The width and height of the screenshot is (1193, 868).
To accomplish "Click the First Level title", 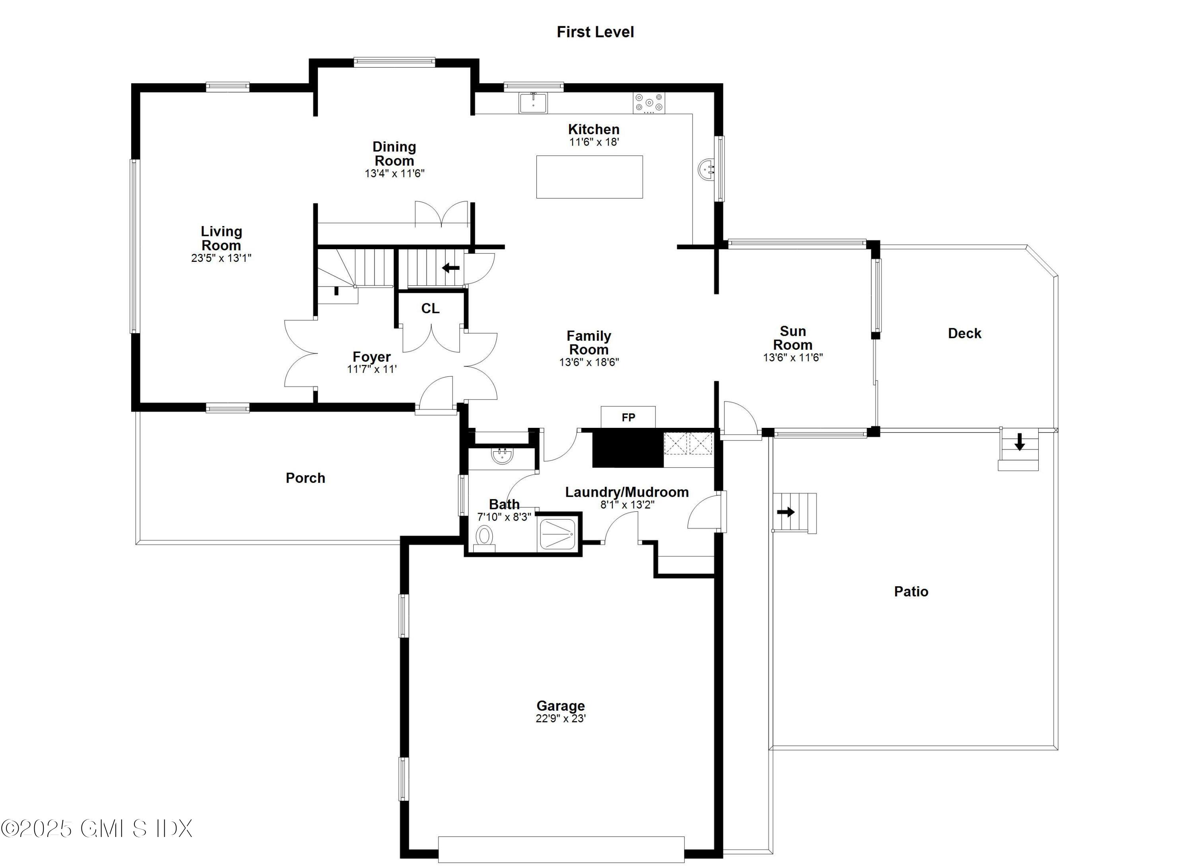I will pyautogui.click(x=595, y=32).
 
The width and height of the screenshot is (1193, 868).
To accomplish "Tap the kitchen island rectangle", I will pyautogui.click(x=589, y=177).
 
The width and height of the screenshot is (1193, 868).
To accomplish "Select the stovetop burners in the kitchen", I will pyautogui.click(x=649, y=103).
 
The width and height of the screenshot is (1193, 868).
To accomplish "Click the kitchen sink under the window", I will pyautogui.click(x=533, y=103).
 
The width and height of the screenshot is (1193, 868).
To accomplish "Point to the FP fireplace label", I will pyautogui.click(x=628, y=417).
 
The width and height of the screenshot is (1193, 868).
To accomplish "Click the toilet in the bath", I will pyautogui.click(x=484, y=537).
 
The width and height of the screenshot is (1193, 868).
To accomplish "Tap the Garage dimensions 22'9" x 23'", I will pyautogui.click(x=561, y=718).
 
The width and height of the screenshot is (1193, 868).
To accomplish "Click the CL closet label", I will pyautogui.click(x=430, y=308).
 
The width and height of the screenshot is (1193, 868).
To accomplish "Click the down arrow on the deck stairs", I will pyautogui.click(x=1019, y=442).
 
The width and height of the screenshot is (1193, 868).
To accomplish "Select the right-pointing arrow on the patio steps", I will pyautogui.click(x=786, y=512).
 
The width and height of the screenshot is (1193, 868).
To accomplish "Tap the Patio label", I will pyautogui.click(x=911, y=592).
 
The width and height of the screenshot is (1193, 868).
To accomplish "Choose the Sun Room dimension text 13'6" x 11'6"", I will pyautogui.click(x=793, y=357).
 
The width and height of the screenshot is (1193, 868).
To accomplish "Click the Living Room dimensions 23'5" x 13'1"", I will pyautogui.click(x=221, y=258).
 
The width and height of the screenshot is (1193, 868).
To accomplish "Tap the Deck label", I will pyautogui.click(x=964, y=333).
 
